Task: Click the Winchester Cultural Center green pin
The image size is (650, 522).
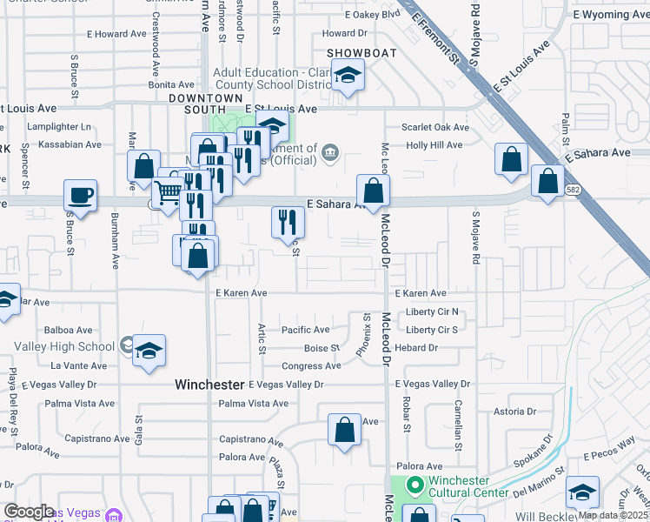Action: pos(415,485)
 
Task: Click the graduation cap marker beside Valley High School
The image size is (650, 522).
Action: pos(149,350)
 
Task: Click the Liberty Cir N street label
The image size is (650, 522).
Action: pos(432,312)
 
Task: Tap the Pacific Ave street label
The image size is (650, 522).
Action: pos(305,331)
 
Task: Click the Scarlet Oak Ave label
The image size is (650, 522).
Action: pos(434,127)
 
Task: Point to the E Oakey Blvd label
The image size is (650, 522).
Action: pos(372,15)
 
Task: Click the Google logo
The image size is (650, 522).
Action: pos(29,512)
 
